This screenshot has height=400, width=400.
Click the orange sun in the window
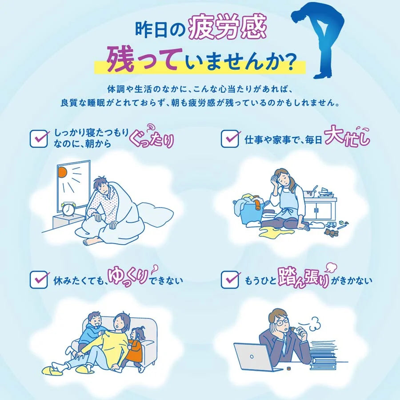click(62, 172)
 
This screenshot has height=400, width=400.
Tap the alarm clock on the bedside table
click(69, 210)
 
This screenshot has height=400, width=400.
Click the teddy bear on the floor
click(331, 232)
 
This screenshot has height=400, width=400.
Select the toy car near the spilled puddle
click(331, 225)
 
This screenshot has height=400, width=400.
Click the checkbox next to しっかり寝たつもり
click(39, 139)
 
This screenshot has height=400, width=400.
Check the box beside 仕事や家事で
click(230, 139)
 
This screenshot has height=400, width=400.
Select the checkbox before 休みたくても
click(39, 280)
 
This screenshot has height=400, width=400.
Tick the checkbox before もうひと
click(230, 280)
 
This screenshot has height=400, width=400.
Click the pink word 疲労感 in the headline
click(228, 28)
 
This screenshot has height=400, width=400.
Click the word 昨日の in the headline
click(160, 30)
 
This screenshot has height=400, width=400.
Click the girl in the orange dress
click(135, 347)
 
